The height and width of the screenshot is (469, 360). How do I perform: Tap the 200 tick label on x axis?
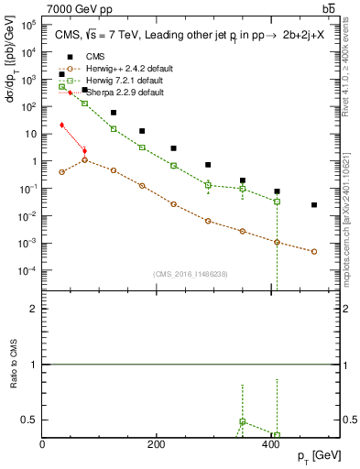[x=156, y=444]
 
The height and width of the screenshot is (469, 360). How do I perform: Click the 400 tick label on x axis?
[x=269, y=444]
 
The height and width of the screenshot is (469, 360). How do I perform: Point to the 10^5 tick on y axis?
[x=29, y=25]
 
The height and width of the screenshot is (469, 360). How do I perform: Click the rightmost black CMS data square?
[x=314, y=205]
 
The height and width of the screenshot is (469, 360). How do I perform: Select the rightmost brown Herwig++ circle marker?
[x=314, y=251]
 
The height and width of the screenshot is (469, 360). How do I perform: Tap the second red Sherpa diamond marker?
[x=84, y=151]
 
